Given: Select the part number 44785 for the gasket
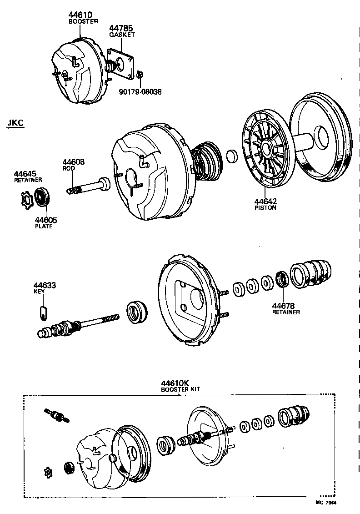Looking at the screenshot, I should click(122, 29).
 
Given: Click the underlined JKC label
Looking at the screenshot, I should click(15, 123).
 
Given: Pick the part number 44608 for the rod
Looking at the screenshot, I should click(74, 162).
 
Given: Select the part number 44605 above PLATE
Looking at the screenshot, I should click(46, 220).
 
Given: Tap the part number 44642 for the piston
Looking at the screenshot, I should click(265, 202).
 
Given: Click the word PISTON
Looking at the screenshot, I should click(265, 208).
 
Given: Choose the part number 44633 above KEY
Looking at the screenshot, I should click(44, 286).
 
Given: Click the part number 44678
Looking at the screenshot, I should click(284, 306).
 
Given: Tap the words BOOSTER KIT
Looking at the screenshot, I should click(180, 390).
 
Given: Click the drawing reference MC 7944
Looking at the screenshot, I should click(329, 503).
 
